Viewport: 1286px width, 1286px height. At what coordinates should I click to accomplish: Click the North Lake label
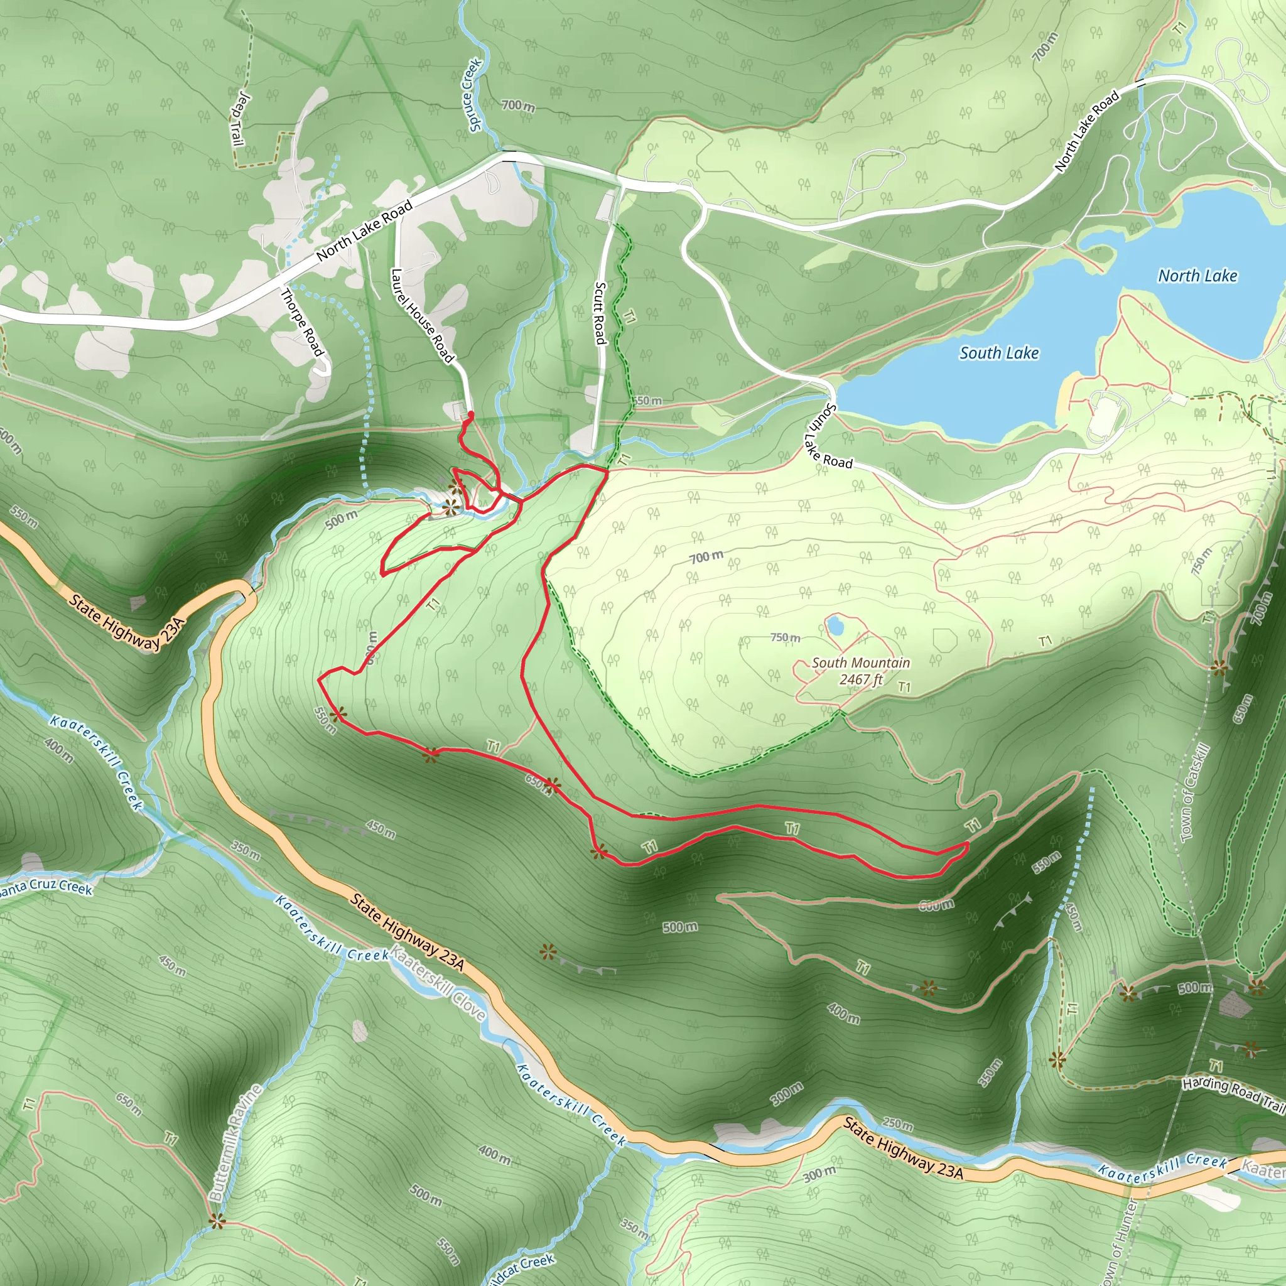coord(1197,276)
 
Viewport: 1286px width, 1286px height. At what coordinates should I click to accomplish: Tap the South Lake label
coord(998,353)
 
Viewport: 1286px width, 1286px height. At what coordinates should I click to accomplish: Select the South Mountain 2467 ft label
coord(861,670)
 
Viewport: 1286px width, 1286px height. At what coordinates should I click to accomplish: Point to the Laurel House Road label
coord(422,315)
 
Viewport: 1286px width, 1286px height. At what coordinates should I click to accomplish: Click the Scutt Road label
coord(600,313)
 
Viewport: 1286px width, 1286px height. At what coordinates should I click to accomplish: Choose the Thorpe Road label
coord(302,322)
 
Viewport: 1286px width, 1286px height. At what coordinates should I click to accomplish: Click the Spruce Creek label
coord(472,95)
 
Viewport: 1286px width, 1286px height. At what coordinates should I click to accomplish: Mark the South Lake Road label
coord(828,436)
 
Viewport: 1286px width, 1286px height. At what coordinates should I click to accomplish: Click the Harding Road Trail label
coord(1233,1094)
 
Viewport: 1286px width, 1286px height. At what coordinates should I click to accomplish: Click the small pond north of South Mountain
coord(833,625)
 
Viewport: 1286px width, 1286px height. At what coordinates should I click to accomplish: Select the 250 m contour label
coord(897,1124)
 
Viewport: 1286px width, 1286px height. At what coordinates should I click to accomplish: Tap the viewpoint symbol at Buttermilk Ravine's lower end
coord(217,1221)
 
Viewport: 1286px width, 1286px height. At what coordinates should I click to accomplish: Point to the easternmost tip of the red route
coord(967,844)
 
